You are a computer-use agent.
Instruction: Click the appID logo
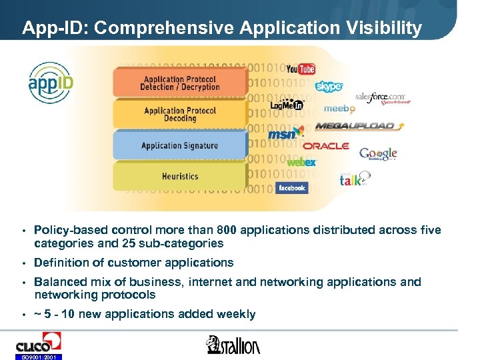pos(51,83)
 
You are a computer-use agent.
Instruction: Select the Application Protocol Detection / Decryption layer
pos(179,83)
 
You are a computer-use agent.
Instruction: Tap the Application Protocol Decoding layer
pos(179,115)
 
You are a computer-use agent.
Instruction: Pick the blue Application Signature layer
pos(179,145)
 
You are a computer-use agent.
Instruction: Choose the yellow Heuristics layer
pos(179,176)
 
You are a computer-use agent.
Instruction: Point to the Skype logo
pos(329,87)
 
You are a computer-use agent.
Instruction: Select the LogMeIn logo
pos(287,105)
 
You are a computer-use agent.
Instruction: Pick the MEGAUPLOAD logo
pos(355,126)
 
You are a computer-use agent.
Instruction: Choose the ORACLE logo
pos(326,146)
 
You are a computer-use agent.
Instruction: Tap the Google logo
pos(378,154)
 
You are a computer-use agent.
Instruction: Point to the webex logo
pos(301,162)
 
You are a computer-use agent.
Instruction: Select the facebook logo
pos(291,188)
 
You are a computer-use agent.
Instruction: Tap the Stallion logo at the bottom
pos(233,345)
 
